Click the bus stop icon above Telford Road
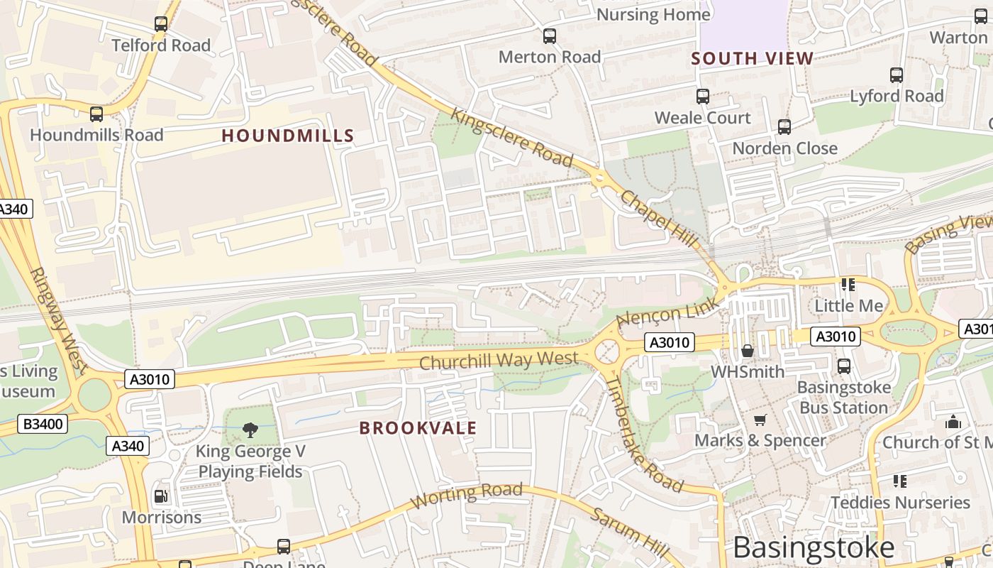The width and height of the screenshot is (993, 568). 161,24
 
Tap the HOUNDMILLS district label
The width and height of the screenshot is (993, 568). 287,136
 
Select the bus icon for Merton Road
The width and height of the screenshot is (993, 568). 550,36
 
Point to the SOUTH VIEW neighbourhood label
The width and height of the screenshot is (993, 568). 752,59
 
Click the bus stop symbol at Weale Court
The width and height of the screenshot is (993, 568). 703,97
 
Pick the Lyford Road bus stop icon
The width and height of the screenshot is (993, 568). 897,75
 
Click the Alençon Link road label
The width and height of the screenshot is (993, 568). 667,313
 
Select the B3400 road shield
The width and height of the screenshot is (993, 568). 43,425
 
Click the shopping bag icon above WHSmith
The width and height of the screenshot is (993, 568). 748,351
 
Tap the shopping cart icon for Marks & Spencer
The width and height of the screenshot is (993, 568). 760,420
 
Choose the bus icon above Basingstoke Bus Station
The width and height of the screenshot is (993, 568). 843,366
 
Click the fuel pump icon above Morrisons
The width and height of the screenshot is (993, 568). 161,496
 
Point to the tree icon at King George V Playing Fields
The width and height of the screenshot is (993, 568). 250,430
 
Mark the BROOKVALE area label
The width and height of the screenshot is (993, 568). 418,428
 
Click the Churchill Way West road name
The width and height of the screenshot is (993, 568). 499,361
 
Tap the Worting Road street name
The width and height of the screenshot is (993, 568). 467,495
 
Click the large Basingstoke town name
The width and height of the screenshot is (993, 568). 814,547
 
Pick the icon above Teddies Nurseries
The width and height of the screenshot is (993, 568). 900,481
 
